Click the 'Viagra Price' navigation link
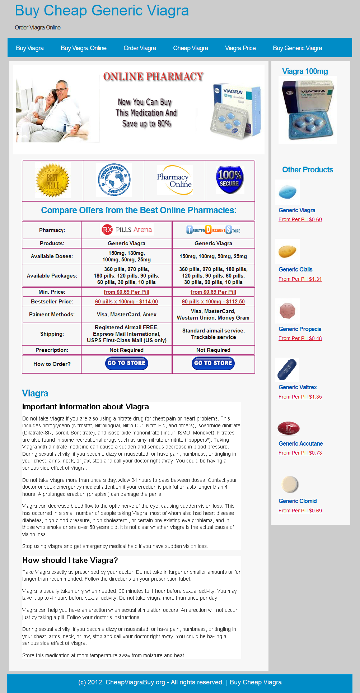[x=240, y=48]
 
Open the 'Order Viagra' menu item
[x=140, y=48]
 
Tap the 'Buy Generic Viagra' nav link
[x=297, y=48]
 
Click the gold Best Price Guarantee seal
[x=53, y=180]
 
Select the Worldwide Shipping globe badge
[x=114, y=180]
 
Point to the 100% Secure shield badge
[x=230, y=180]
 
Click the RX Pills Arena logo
[x=127, y=230]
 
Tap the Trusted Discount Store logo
[x=213, y=230]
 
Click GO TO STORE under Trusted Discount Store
[x=213, y=363]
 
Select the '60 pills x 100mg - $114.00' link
[x=126, y=302]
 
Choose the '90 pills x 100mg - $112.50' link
[x=213, y=302]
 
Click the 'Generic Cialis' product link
[x=295, y=269]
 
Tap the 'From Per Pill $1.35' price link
[x=300, y=397]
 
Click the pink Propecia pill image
[x=287, y=311]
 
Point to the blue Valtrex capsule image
[x=287, y=369]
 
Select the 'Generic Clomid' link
[x=298, y=501]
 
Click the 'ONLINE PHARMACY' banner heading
[x=153, y=76]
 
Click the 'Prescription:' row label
[x=52, y=350]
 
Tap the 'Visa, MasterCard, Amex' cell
[x=126, y=315]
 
